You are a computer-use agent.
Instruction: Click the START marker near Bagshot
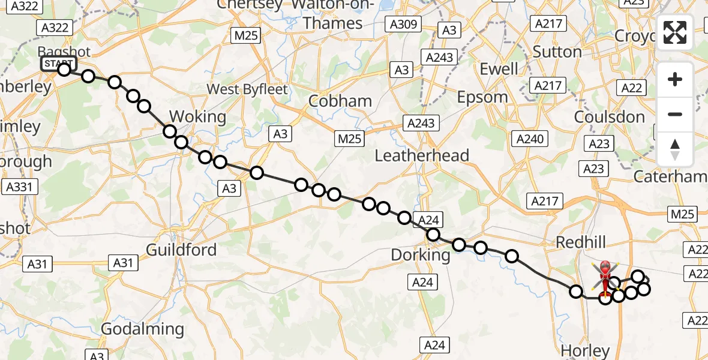[59, 64]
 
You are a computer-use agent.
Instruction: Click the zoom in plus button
[675, 80]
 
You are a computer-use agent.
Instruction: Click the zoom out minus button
[675, 114]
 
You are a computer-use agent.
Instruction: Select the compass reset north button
[675, 149]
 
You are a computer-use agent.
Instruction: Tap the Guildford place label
[181, 250]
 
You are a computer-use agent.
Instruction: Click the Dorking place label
[421, 254]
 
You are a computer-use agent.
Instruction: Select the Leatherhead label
[422, 156]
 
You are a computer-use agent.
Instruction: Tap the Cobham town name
[340, 101]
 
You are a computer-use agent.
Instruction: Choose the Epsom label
[482, 97]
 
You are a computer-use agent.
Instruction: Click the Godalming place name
[142, 329]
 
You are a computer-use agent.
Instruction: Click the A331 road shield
[17, 187]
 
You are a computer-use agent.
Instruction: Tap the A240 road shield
[530, 139]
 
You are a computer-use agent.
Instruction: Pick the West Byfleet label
[247, 89]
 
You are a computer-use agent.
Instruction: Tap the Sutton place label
[557, 52]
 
